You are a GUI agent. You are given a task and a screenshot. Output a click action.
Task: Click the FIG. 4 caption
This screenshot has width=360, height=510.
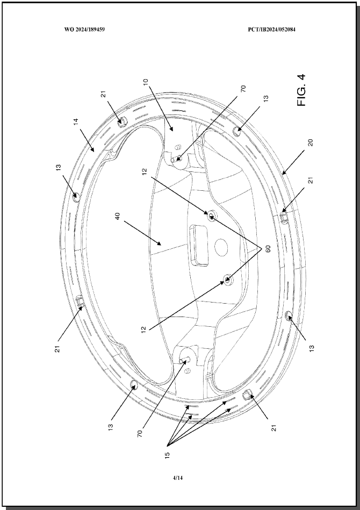301,90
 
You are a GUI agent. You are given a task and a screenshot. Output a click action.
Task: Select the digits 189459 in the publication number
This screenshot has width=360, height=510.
96,29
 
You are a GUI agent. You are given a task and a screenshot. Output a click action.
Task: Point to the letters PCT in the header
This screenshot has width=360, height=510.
253,29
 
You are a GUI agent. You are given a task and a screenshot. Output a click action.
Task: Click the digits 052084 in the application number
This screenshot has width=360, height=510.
287,29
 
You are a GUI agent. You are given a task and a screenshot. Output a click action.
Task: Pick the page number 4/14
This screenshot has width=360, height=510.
177,478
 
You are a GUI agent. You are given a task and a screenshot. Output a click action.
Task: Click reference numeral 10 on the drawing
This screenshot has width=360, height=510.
146,82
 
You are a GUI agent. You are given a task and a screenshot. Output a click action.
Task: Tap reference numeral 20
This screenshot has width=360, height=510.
311,142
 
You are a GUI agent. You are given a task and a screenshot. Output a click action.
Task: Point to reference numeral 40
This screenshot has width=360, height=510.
118,216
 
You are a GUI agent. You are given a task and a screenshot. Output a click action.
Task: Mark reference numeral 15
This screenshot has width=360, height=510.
167,455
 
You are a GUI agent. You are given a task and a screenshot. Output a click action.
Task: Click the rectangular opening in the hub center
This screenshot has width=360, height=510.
199,245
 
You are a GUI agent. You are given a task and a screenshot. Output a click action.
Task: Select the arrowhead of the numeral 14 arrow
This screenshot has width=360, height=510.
94,150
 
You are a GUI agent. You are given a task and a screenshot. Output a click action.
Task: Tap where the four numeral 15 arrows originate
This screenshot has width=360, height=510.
168,444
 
